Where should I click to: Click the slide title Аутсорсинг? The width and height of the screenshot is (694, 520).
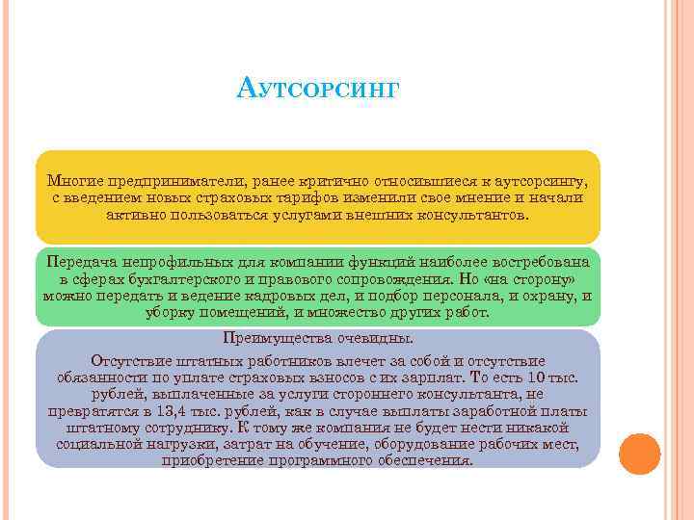317,91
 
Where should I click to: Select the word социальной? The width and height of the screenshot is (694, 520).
96,444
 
